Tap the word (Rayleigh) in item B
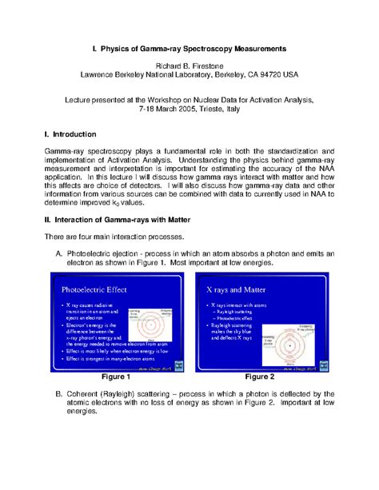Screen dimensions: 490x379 129,392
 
